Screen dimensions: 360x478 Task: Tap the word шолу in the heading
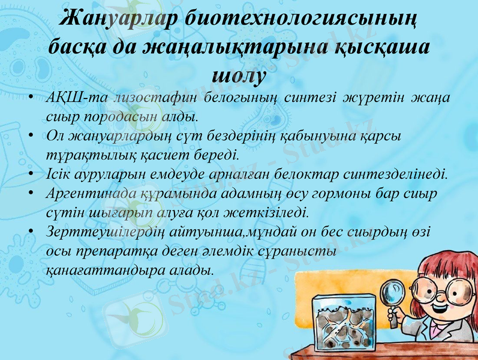pyautogui.click(x=239, y=74)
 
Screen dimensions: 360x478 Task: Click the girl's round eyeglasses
pyautogui.click(x=450, y=292)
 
